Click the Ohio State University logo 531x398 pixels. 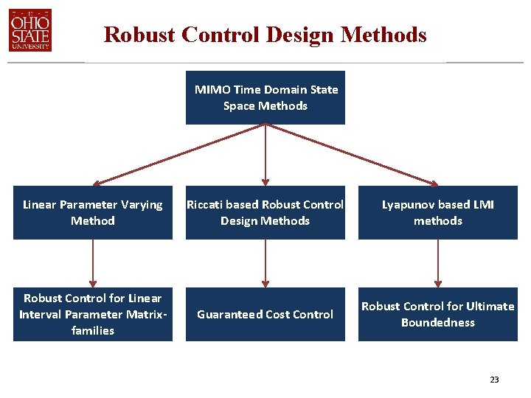30,30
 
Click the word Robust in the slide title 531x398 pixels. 139,35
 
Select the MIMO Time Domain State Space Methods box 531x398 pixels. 265,97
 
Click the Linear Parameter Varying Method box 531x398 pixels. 93,212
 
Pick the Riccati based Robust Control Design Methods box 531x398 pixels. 265,212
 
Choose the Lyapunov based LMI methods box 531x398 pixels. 438,212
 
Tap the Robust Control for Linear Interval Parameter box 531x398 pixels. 93,314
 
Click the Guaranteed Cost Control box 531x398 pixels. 265,314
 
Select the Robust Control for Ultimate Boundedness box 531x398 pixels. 438,314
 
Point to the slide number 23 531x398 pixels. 494,380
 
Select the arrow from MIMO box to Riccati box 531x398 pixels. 265,155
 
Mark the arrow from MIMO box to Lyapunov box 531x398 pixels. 352,153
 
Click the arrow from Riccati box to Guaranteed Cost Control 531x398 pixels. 265,263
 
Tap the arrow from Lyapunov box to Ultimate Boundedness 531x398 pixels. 438,263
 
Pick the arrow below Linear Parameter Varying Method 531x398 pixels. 93,263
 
